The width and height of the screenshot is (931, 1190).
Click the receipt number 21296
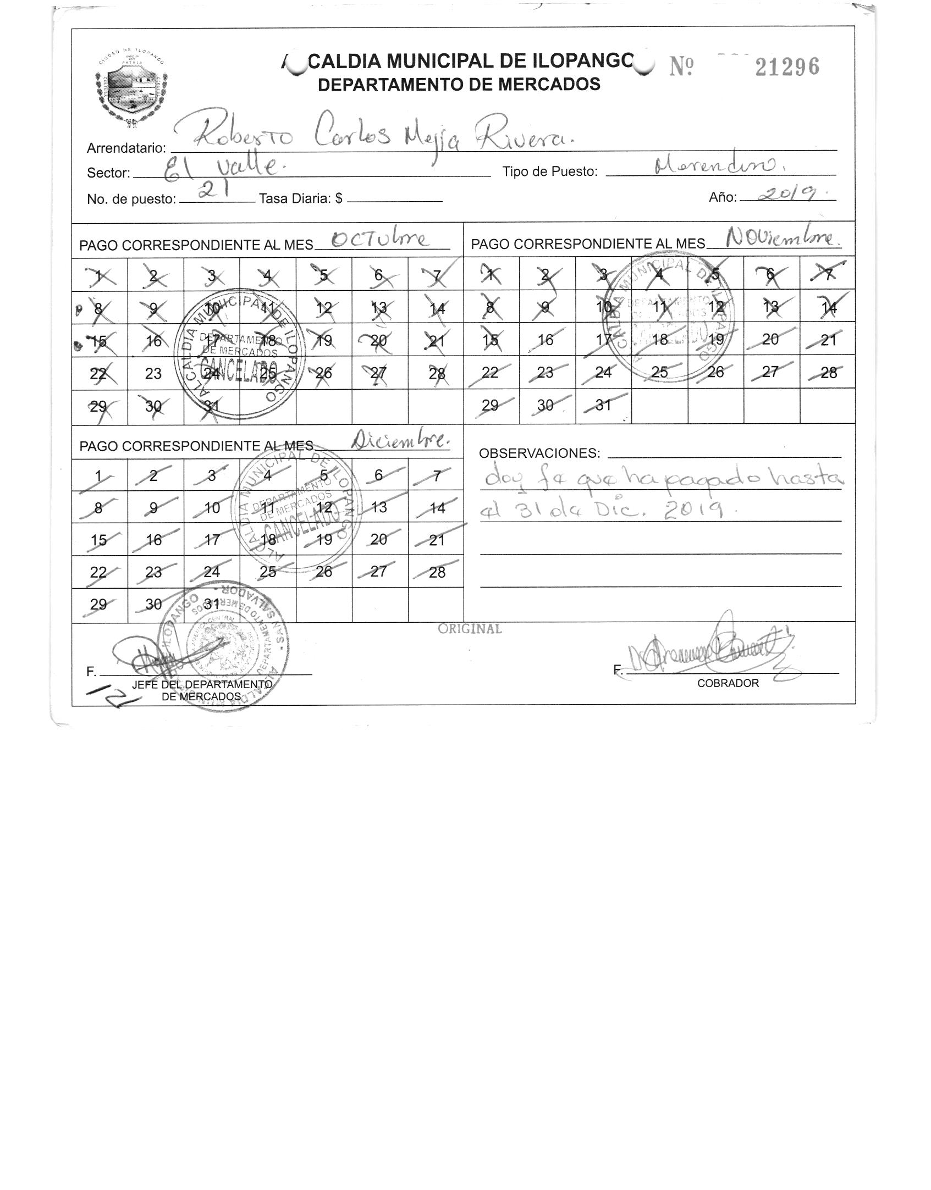(x=787, y=67)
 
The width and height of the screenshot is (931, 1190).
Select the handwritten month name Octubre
(x=379, y=240)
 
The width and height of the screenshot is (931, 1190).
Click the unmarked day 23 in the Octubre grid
(x=153, y=374)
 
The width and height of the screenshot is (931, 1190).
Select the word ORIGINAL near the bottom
(x=470, y=629)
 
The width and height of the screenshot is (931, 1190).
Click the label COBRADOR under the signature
(x=728, y=683)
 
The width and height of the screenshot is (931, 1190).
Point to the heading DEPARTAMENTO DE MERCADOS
(x=459, y=85)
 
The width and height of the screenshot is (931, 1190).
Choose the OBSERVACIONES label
(x=539, y=453)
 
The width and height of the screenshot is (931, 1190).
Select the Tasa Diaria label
(x=300, y=198)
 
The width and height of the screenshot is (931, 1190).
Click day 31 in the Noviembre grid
(x=603, y=405)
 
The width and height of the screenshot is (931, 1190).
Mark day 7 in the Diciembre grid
(x=437, y=475)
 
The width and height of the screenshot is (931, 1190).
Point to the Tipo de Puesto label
(x=549, y=172)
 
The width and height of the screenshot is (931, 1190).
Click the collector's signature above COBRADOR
(x=709, y=651)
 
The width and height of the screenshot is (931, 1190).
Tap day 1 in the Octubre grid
(x=99, y=275)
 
